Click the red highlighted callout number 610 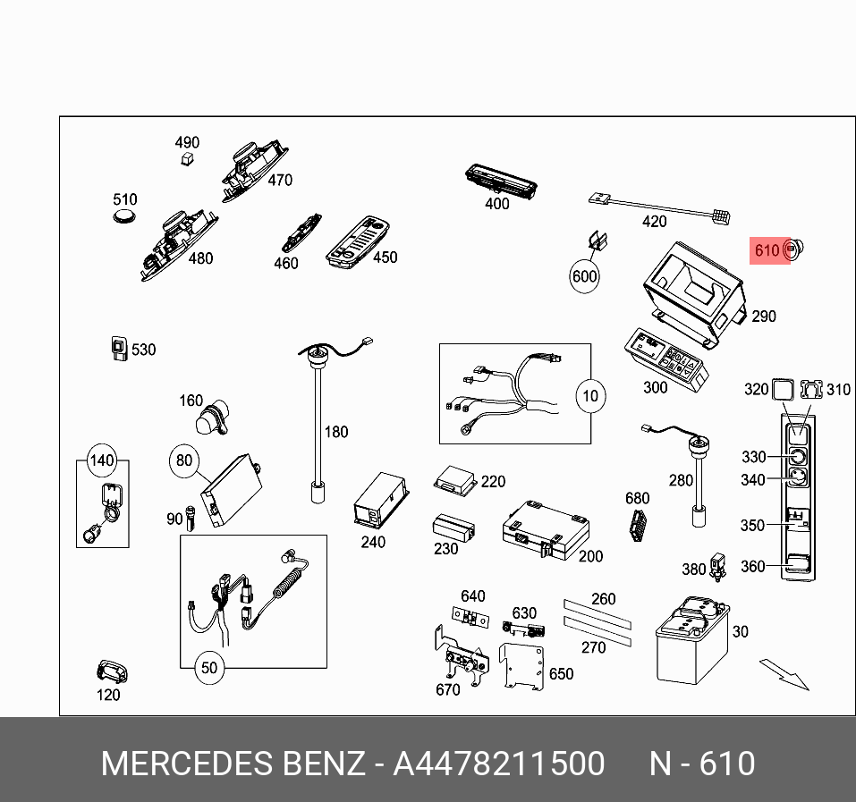click(x=767, y=250)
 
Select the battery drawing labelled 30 click(x=692, y=641)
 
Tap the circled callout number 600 click(x=584, y=276)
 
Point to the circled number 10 click(x=590, y=395)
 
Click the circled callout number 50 click(x=208, y=667)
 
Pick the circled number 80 click(x=183, y=460)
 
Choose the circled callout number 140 click(x=102, y=461)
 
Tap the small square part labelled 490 click(x=186, y=159)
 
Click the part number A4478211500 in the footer click(x=499, y=764)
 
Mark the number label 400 click(x=496, y=204)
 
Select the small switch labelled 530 click(x=118, y=350)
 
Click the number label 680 click(x=637, y=498)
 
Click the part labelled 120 click(x=112, y=671)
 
